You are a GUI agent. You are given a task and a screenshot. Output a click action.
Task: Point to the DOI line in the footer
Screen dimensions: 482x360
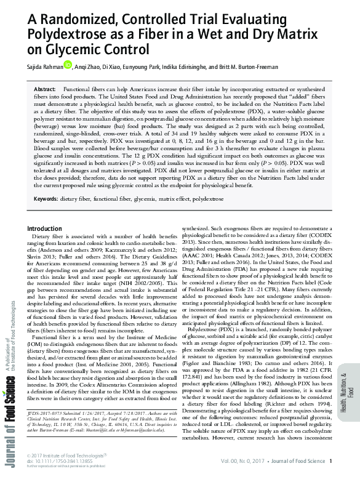[x=53, y=467]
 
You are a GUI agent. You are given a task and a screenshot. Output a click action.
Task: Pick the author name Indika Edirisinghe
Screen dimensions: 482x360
[x=204, y=66]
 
